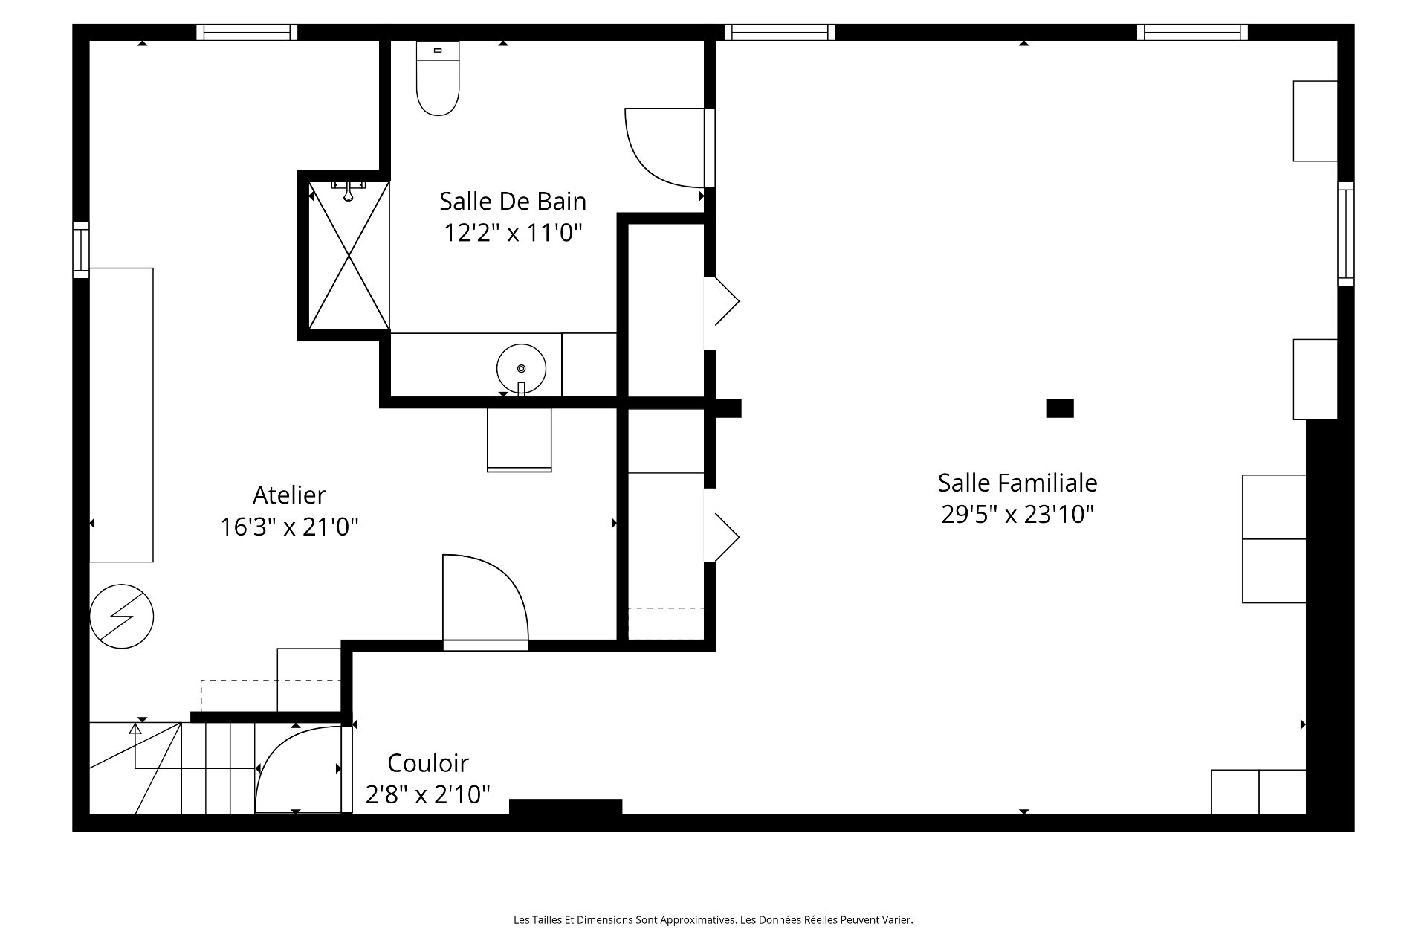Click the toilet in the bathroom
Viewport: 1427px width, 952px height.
pyautogui.click(x=438, y=78)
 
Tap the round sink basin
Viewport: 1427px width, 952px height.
pyautogui.click(x=521, y=368)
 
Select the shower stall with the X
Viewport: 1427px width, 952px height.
pyautogui.click(x=349, y=255)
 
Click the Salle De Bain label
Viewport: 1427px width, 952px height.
pyautogui.click(x=513, y=202)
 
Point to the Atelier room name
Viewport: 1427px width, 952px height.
pyautogui.click(x=289, y=495)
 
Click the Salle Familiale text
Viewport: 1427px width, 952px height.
pyautogui.click(x=1017, y=483)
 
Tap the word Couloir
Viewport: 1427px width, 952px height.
pyautogui.click(x=428, y=763)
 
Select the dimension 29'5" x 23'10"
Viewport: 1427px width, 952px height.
pyautogui.click(x=1017, y=515)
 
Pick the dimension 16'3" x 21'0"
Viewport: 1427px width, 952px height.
pyautogui.click(x=289, y=527)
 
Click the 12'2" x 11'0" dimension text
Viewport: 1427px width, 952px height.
pyautogui.click(x=513, y=234)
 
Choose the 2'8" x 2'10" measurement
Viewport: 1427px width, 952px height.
pyautogui.click(x=428, y=795)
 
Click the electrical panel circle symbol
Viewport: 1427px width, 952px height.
pyautogui.click(x=122, y=617)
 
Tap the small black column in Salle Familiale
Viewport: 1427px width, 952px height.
pyautogui.click(x=1060, y=408)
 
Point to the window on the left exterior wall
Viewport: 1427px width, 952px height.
pyautogui.click(x=81, y=250)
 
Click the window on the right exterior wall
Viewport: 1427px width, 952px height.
pyautogui.click(x=1346, y=234)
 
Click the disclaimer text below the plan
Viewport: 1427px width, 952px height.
pyautogui.click(x=713, y=920)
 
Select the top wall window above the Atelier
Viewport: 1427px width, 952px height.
pyautogui.click(x=247, y=33)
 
